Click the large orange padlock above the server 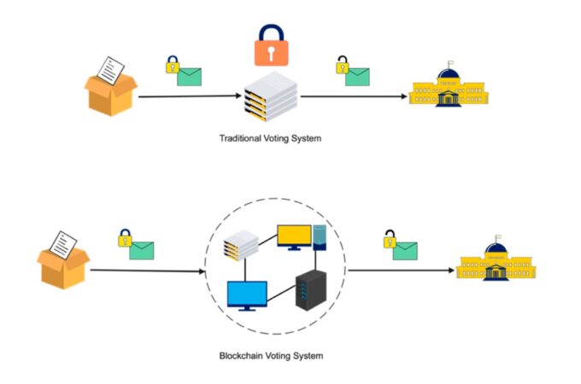pos(271,46)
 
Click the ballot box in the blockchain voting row pos(64,261)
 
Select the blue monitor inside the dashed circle pos(247,295)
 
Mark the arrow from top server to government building pos(353,96)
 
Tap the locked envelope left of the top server pos(183,71)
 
